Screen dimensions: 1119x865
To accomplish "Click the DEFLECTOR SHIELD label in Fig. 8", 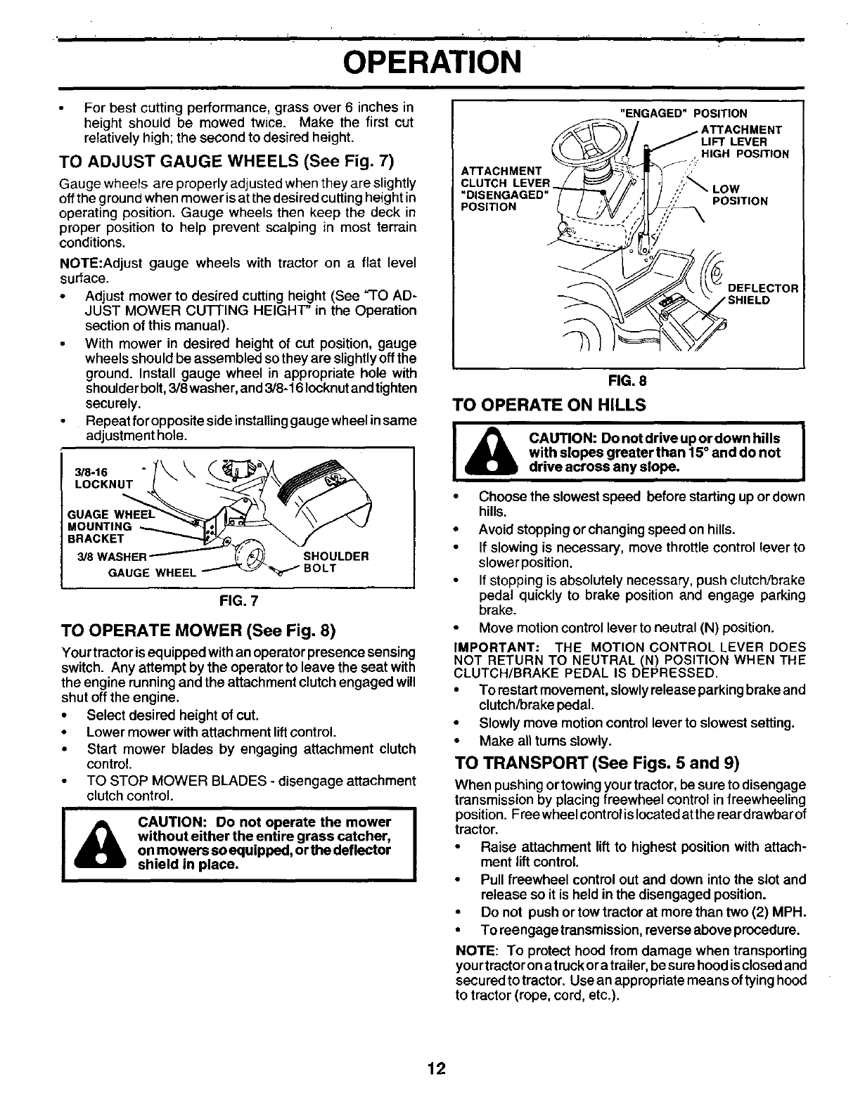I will [763, 294].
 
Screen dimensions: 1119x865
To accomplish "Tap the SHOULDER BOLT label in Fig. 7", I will [335, 562].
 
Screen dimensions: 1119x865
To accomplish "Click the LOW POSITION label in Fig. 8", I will [739, 195].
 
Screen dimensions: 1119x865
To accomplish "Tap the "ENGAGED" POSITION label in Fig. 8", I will [681, 113].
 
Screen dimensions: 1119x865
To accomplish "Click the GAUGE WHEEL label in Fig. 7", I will [152, 572].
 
